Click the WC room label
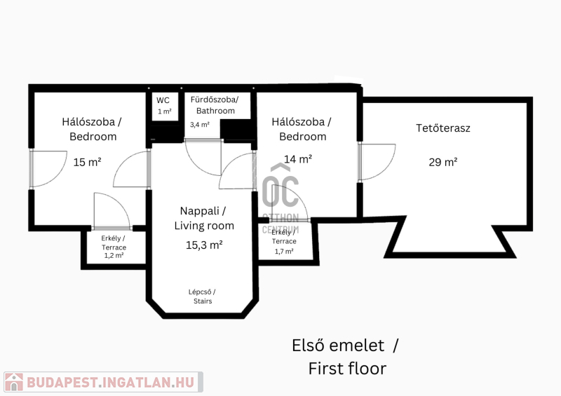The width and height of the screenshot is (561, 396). point(163,100)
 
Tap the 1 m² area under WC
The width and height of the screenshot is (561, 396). point(165,111)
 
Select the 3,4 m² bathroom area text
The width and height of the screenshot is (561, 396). point(200,125)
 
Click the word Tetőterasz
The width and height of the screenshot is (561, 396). point(443,128)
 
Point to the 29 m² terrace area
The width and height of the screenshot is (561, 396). point(443,162)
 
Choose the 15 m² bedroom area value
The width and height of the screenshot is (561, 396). point(87,162)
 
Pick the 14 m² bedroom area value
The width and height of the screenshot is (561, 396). point(298,159)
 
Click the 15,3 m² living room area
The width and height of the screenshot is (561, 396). point(204,245)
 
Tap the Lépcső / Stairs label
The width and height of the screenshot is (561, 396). point(202,296)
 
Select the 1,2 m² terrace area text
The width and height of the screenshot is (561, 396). point(114,255)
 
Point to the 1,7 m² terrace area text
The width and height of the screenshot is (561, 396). point(284,251)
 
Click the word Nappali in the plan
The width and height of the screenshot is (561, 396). point(200,211)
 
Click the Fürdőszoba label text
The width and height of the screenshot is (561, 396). point(215,100)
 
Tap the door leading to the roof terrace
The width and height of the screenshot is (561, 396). point(377,162)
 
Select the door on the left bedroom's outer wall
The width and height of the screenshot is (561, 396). point(48,169)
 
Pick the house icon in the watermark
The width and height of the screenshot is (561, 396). point(13,382)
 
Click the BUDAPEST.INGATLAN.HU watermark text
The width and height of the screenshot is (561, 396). point(110,382)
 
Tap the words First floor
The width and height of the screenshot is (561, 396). point(347,369)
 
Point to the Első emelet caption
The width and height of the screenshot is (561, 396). point(338,346)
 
